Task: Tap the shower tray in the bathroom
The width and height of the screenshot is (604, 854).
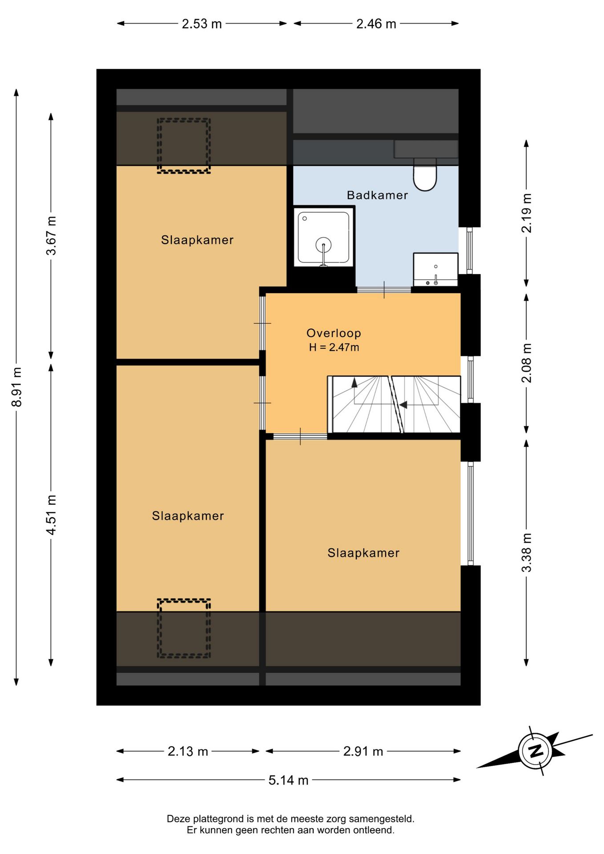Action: (323, 238)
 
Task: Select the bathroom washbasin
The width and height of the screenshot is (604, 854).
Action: (435, 270)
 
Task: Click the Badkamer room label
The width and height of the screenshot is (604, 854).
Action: (377, 195)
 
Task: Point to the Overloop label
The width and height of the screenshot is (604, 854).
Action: (334, 333)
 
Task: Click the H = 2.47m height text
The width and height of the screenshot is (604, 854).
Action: (334, 347)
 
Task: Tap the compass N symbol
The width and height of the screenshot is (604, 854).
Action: (536, 751)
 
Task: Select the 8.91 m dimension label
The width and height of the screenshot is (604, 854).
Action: (17, 387)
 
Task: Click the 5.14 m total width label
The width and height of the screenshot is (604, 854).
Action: (288, 780)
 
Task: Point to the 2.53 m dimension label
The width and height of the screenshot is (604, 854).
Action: (201, 24)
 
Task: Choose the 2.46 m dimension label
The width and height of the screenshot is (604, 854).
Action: (376, 24)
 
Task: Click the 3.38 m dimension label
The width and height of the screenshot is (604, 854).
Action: (526, 552)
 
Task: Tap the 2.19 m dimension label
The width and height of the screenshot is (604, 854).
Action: (526, 213)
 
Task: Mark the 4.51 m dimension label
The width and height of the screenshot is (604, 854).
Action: (51, 515)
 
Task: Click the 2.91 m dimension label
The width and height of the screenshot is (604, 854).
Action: (363, 752)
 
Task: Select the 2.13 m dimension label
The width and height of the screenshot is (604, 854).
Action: (188, 752)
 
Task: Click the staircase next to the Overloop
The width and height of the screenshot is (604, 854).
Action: (394, 404)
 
